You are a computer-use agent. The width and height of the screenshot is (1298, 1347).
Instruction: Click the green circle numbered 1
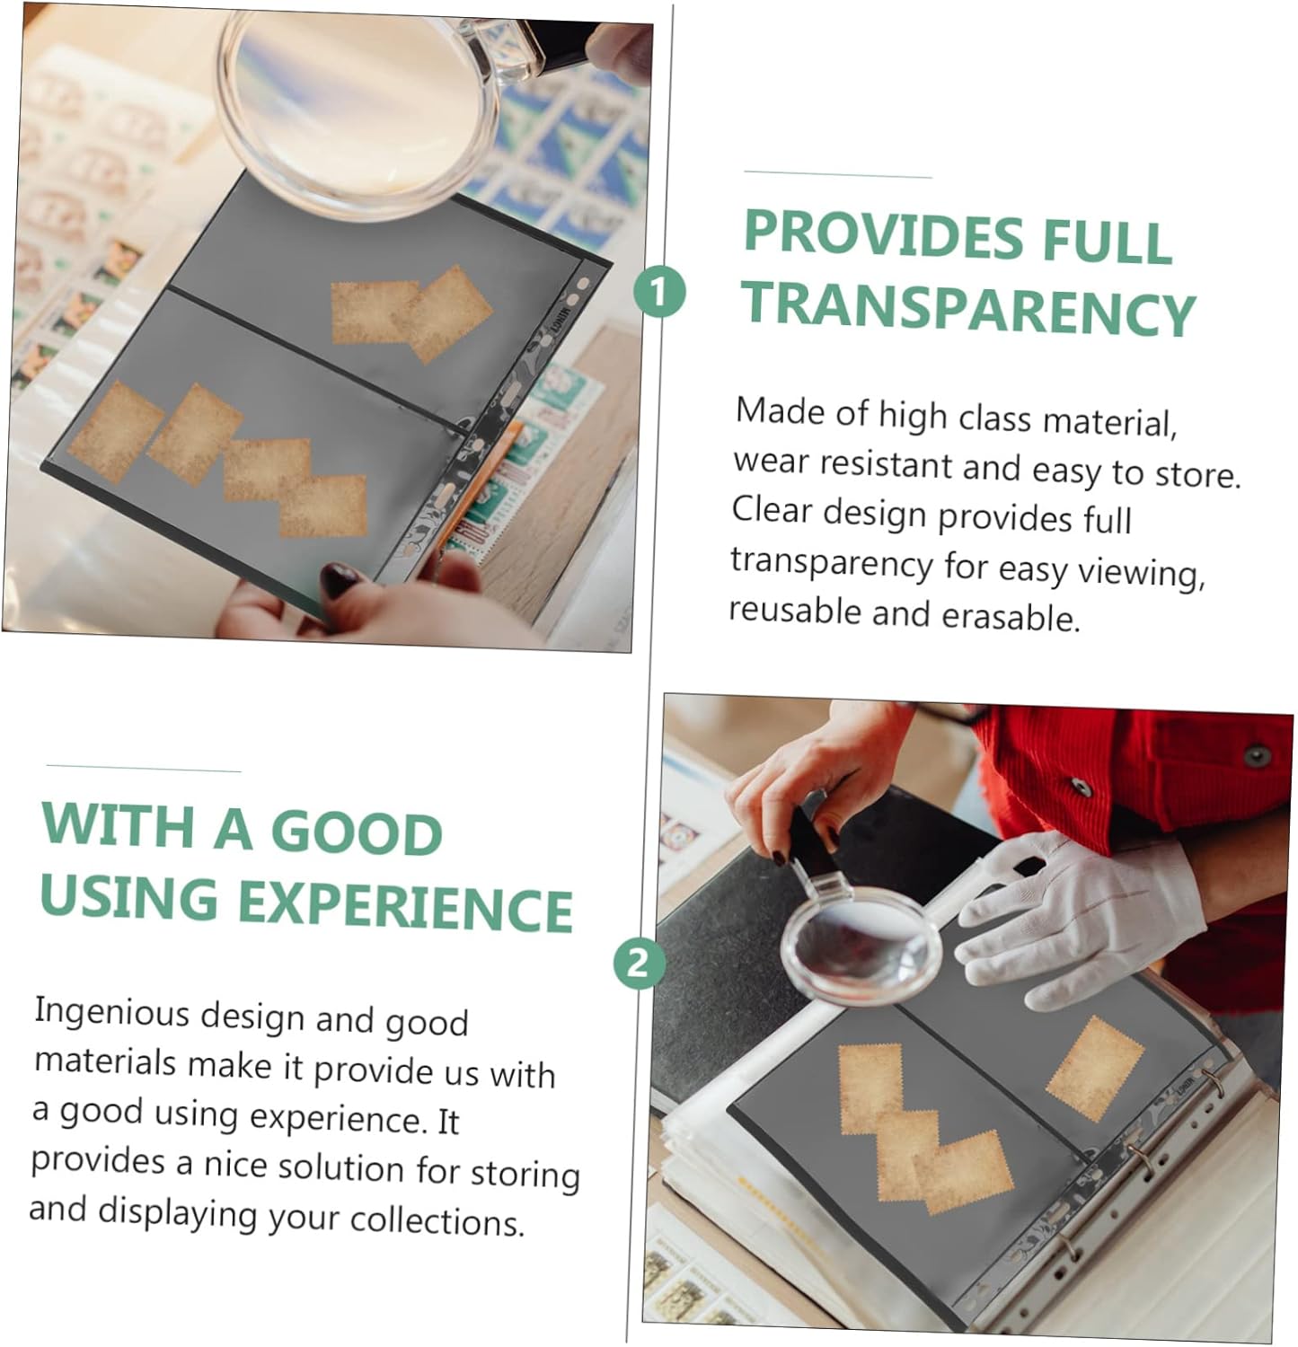(x=660, y=292)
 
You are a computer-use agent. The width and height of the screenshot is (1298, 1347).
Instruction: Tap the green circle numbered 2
(x=639, y=964)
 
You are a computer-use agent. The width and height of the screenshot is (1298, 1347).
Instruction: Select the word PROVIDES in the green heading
(x=884, y=235)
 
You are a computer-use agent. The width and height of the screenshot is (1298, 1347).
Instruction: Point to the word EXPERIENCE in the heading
(x=405, y=905)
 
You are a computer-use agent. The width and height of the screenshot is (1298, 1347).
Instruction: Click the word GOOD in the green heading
(x=357, y=832)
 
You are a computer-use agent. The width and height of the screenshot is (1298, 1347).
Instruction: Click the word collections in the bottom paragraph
(x=436, y=1221)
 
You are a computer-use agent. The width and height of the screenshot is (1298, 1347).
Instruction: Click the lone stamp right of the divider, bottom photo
(x=1095, y=1068)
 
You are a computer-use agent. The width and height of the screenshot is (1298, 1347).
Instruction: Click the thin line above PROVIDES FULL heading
(x=838, y=174)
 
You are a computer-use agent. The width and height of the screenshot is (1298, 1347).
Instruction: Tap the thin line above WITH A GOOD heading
(x=144, y=769)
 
